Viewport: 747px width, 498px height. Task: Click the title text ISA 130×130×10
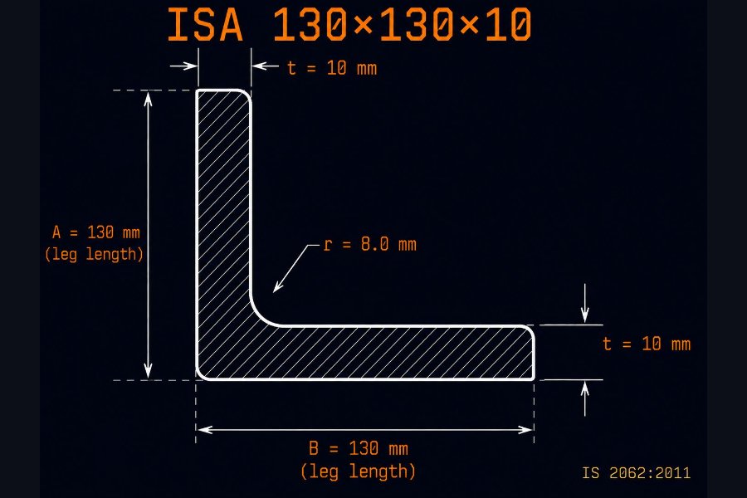point(349,24)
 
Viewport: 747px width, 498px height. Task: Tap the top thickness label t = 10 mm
point(332,68)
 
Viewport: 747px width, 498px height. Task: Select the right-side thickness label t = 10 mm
point(647,344)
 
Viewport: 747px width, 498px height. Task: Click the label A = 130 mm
point(95,232)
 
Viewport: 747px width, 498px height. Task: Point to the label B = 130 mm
point(359,448)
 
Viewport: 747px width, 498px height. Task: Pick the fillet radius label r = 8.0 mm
point(369,245)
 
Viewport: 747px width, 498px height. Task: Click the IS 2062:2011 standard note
point(636,473)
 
